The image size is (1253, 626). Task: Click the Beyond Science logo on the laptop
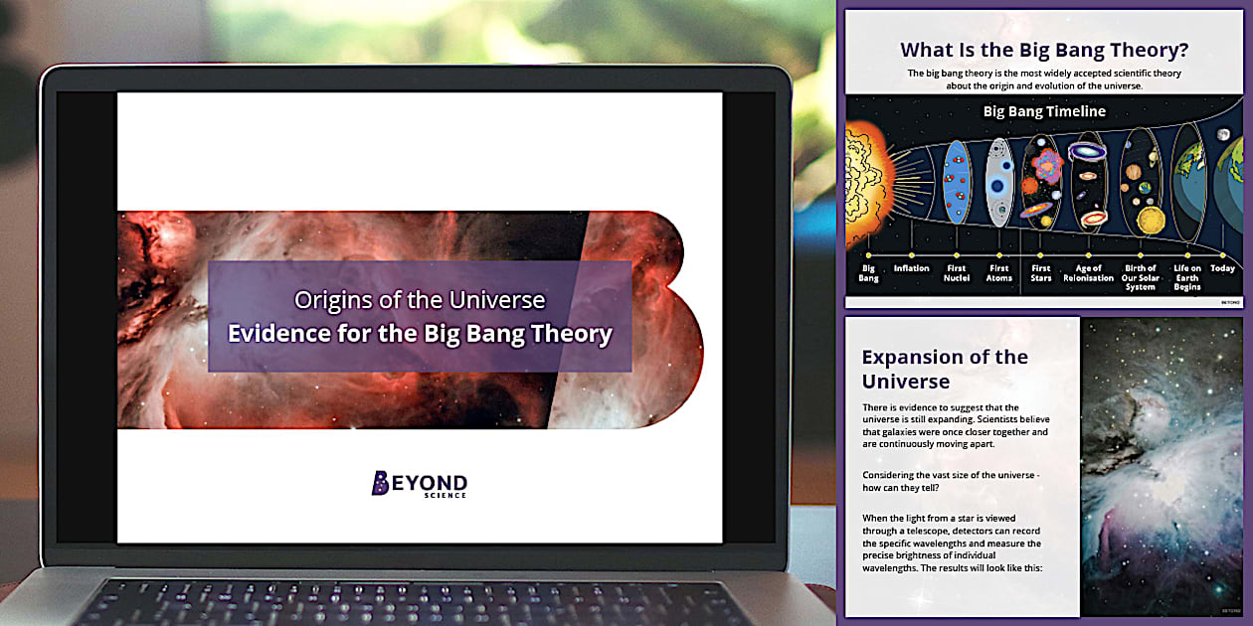[x=419, y=484]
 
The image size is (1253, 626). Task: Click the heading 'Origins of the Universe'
[x=420, y=299]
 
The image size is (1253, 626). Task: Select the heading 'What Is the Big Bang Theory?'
[x=1044, y=50]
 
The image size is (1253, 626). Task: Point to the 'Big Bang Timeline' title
[x=1044, y=111]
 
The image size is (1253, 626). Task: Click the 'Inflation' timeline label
[x=911, y=268]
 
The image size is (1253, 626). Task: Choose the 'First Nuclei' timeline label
[x=956, y=273]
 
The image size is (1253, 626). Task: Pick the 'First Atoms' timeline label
[x=998, y=273]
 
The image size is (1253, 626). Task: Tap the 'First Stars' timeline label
[x=1041, y=273]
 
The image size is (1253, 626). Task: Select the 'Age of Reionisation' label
[x=1094, y=273]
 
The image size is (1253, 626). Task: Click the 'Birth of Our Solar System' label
[x=1141, y=277]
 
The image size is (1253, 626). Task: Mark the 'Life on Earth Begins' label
[x=1187, y=277]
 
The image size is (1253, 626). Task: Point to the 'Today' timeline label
[x=1223, y=268]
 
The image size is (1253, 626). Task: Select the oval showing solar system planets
[x=1141, y=184]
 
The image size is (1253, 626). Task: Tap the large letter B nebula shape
[x=636, y=318]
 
